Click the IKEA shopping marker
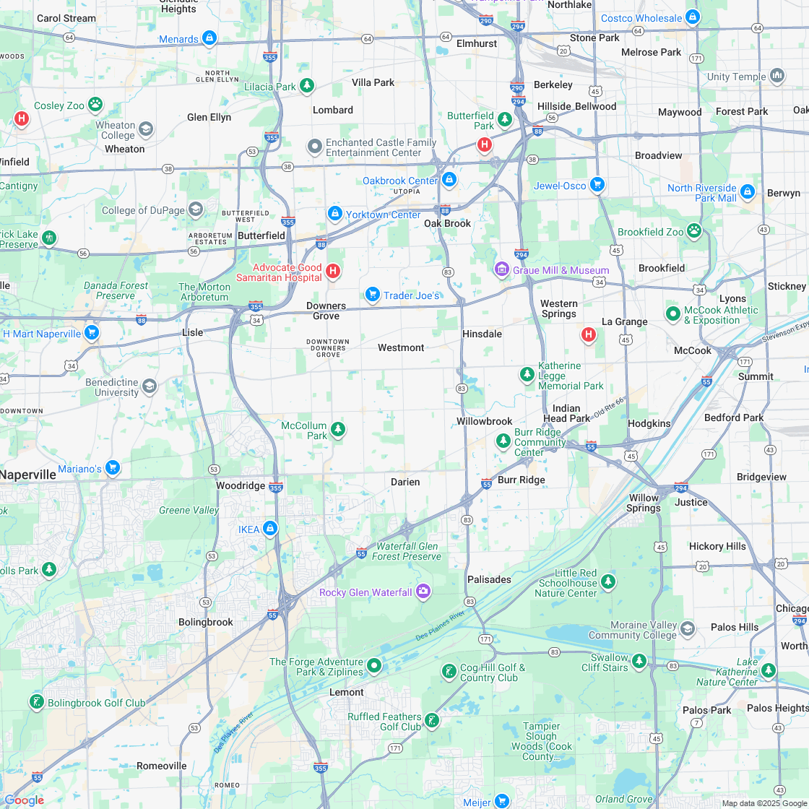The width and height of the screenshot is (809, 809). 270,528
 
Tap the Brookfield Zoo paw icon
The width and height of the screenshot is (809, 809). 694,230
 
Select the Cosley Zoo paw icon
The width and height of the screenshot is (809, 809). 95,105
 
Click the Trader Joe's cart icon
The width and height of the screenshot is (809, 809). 373,294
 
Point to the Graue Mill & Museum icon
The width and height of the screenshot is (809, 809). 501,269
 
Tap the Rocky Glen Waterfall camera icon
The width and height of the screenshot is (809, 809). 423,592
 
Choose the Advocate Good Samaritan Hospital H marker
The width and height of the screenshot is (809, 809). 332,271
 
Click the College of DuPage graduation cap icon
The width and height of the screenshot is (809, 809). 195,209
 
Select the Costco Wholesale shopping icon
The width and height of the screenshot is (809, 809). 693,17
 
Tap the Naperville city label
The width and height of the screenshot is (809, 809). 28,475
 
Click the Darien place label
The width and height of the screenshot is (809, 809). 405,482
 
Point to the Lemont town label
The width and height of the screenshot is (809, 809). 347,692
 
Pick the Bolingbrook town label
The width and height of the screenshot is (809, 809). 206,622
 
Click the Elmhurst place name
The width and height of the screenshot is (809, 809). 477,43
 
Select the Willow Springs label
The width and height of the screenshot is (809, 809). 644,503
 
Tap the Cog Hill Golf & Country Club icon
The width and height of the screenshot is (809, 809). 449,672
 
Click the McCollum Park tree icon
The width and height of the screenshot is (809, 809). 337,431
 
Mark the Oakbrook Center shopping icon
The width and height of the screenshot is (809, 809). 449,179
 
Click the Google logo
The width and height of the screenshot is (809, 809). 24,800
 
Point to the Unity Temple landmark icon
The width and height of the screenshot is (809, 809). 777,75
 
